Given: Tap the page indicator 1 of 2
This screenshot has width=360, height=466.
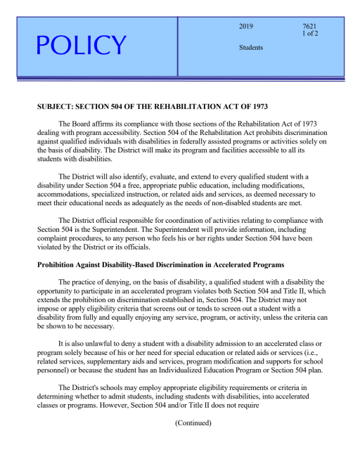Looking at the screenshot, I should [x=310, y=34].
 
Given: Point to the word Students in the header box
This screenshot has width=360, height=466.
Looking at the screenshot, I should [x=251, y=48].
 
